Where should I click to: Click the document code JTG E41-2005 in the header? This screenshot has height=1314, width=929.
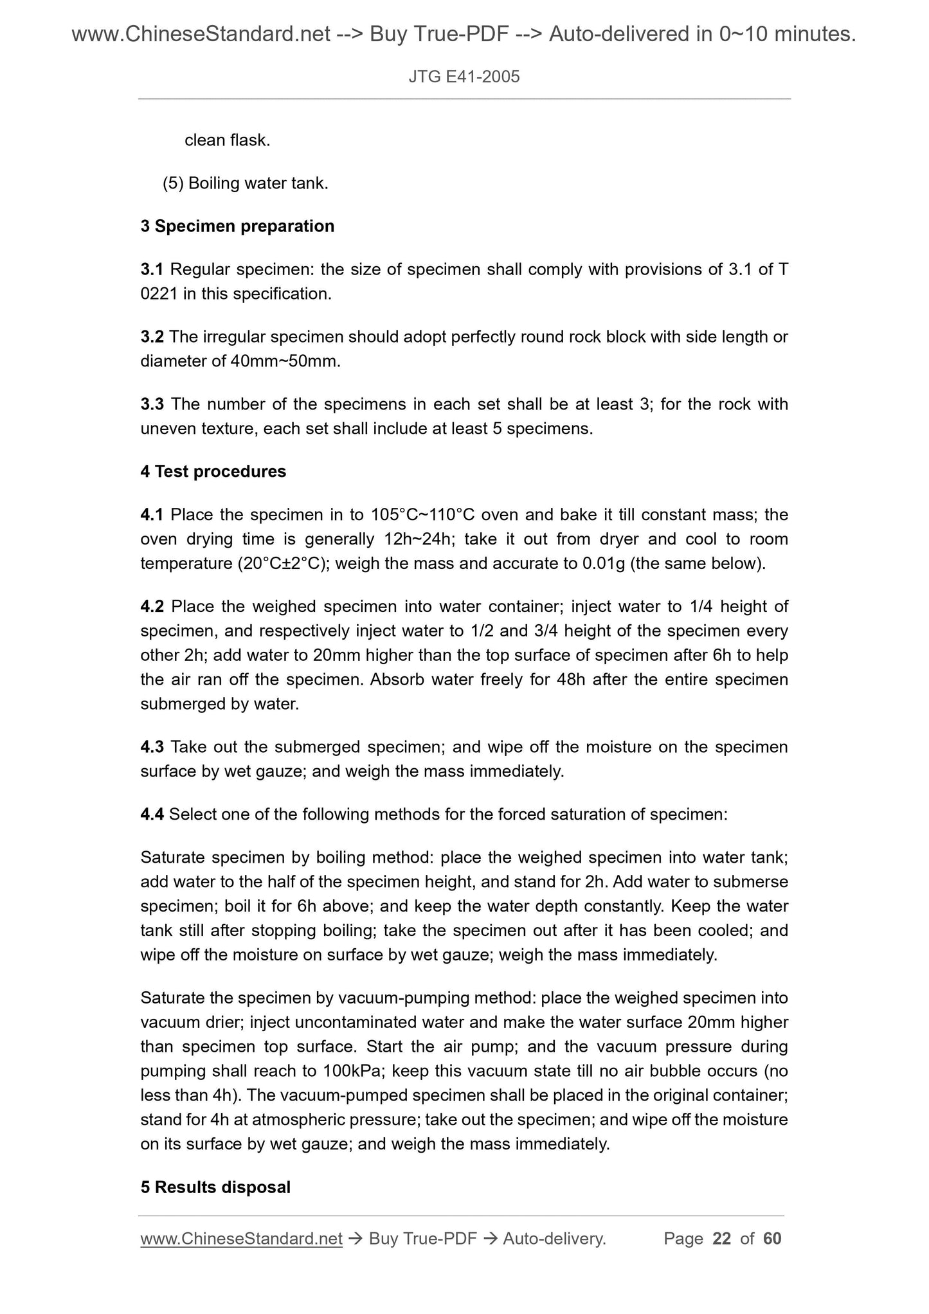pos(464,78)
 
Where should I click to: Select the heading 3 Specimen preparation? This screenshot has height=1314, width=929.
pos(237,226)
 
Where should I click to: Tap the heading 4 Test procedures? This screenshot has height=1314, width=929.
pos(213,471)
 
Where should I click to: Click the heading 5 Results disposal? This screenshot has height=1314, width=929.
pos(215,1187)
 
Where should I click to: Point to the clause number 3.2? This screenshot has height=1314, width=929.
pos(152,337)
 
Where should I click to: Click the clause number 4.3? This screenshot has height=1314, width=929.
pos(152,747)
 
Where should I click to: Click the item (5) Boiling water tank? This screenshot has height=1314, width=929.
pos(245,184)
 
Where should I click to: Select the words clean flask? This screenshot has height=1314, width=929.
pos(227,140)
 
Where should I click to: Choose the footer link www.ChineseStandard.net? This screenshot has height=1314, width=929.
pos(241,1239)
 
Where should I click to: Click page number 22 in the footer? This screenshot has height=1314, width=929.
pos(722,1239)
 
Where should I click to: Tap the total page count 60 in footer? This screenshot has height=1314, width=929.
pos(772,1239)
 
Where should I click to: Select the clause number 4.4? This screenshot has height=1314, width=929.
pos(152,815)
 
